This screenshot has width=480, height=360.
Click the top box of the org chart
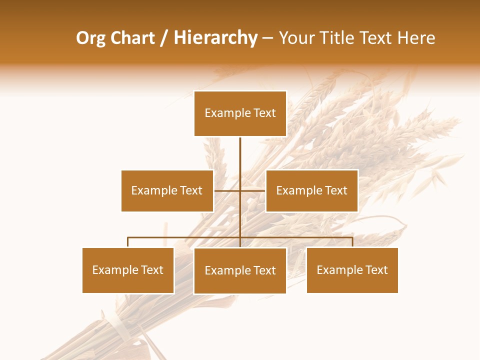(x=240, y=113)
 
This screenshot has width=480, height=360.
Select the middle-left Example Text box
(x=167, y=190)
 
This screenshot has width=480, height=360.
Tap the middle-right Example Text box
(x=311, y=190)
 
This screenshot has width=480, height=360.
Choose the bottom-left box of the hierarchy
(x=128, y=270)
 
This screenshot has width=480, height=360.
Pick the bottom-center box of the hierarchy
(x=240, y=270)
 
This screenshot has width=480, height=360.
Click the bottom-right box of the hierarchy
(x=352, y=270)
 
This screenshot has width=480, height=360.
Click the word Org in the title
(x=90, y=38)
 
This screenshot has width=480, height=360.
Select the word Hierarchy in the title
(x=215, y=38)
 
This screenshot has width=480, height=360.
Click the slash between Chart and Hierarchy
(x=164, y=38)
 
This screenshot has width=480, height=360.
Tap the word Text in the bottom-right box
(x=376, y=270)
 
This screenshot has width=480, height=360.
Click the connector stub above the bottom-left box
(x=128, y=242)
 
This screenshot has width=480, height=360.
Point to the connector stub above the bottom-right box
(x=352, y=242)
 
